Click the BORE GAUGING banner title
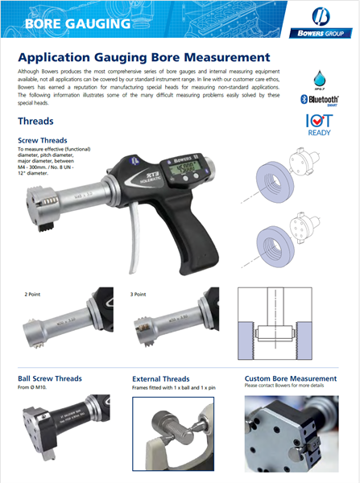(x=77, y=24)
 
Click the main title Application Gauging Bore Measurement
(x=143, y=58)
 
